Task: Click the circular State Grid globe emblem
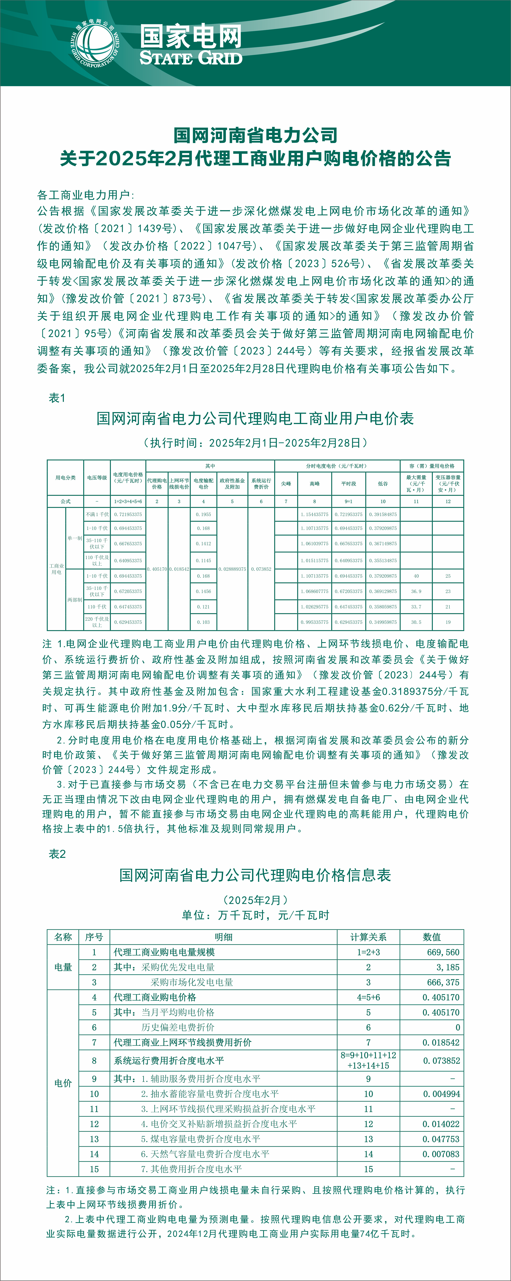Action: [x=94, y=44]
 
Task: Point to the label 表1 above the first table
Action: [x=57, y=398]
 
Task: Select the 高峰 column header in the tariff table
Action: [x=314, y=483]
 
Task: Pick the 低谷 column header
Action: [x=383, y=483]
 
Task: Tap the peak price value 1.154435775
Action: [x=314, y=514]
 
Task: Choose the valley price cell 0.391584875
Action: [x=383, y=514]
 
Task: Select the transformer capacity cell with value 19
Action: [x=448, y=622]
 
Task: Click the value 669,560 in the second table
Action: [x=443, y=952]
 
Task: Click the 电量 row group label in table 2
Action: [x=63, y=967]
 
